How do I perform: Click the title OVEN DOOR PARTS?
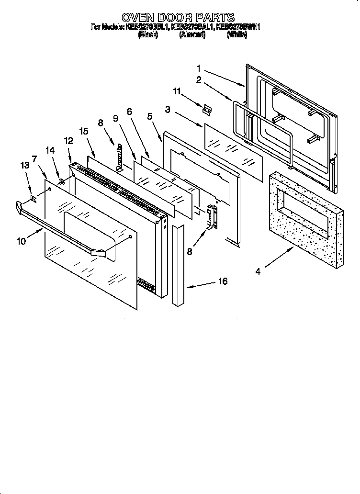[178, 19]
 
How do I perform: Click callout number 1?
[198, 68]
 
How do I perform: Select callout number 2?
[198, 80]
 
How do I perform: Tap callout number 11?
[177, 90]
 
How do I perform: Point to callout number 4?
[258, 272]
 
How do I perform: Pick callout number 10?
[21, 241]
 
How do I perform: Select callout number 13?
[24, 165]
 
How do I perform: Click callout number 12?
[68, 140]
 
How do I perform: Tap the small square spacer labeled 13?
[33, 197]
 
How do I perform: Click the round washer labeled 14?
[62, 181]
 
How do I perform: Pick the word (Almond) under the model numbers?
[192, 35]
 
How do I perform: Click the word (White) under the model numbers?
[236, 35]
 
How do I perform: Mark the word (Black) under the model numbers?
[148, 35]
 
